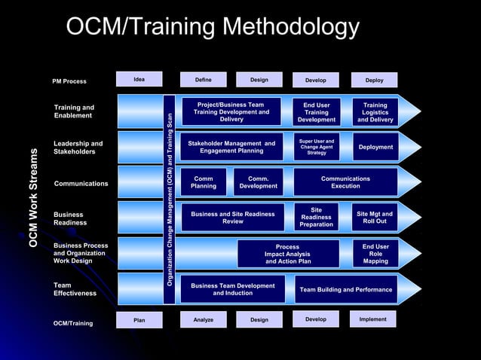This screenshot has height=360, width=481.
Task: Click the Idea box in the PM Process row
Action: click(139, 79)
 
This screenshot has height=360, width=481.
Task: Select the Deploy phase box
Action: click(374, 80)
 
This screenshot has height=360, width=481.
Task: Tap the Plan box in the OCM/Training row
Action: click(139, 319)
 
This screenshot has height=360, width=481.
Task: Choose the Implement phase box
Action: click(372, 319)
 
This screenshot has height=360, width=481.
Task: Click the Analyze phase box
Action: click(204, 319)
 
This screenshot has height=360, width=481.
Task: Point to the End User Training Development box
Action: click(317, 112)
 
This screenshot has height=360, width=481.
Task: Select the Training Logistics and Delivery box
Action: click(375, 112)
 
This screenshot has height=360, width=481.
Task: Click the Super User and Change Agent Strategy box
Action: click(317, 146)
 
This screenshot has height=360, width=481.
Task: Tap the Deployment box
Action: click(375, 147)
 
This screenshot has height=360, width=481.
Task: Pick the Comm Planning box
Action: click(204, 182)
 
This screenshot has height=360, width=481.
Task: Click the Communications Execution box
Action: click(345, 182)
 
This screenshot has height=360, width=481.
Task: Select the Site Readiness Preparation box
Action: click(317, 217)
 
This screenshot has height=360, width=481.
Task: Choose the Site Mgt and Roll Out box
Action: click(375, 217)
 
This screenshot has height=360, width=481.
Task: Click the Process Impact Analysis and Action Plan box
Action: click(287, 254)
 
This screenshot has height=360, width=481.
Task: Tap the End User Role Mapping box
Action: click(375, 254)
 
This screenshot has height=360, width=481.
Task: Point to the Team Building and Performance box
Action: click(346, 289)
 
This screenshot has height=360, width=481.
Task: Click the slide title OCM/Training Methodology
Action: click(213, 27)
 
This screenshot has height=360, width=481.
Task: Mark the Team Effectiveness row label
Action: click(75, 289)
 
